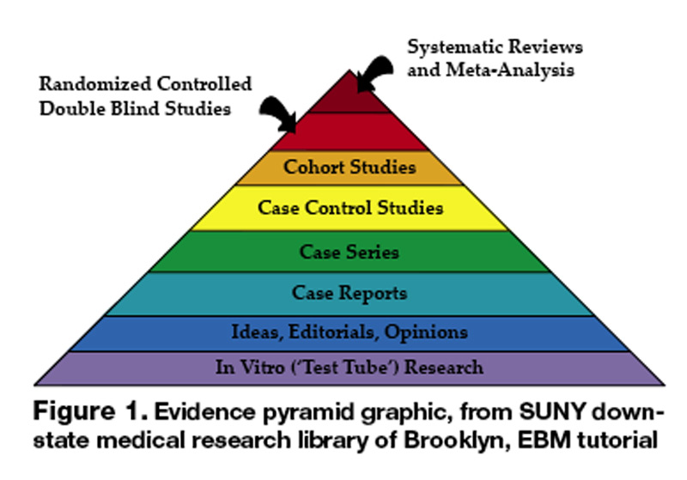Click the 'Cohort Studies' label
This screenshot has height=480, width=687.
tap(350, 166)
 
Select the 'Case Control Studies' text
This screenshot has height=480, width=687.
tap(350, 208)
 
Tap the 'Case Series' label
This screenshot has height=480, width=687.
tap(350, 252)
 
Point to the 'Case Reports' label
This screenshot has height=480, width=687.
tap(350, 293)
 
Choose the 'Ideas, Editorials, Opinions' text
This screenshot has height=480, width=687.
tap(350, 331)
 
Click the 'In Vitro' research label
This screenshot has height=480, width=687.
tap(350, 368)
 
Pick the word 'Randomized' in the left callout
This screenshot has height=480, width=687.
tap(85, 86)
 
